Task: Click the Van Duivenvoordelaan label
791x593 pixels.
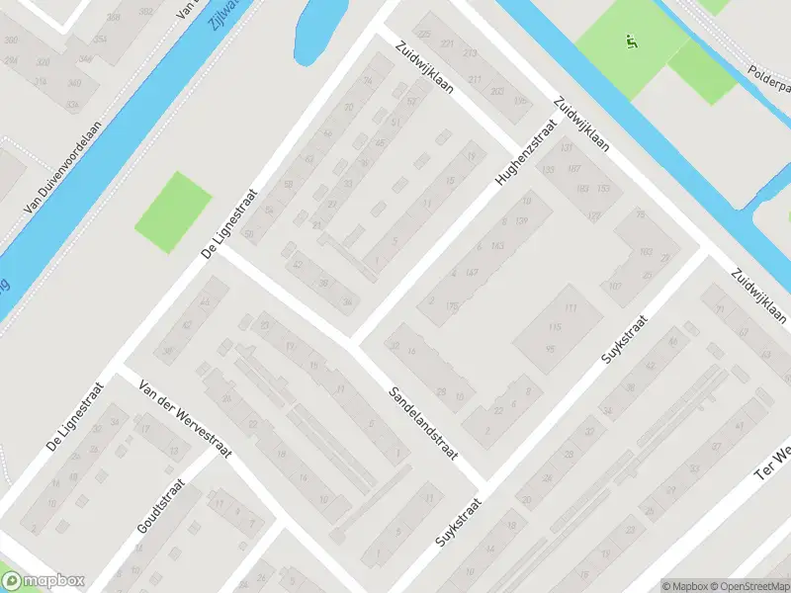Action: point(62,175)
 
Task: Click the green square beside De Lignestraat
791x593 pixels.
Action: point(172,211)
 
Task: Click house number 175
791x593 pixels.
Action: point(453,306)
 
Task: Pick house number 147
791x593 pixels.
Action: point(472,272)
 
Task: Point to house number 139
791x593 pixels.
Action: point(522,219)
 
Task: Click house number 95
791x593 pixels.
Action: point(551,349)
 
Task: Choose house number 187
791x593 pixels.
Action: point(573,169)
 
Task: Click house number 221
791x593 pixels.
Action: point(447,44)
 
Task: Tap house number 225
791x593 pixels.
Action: point(425,35)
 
